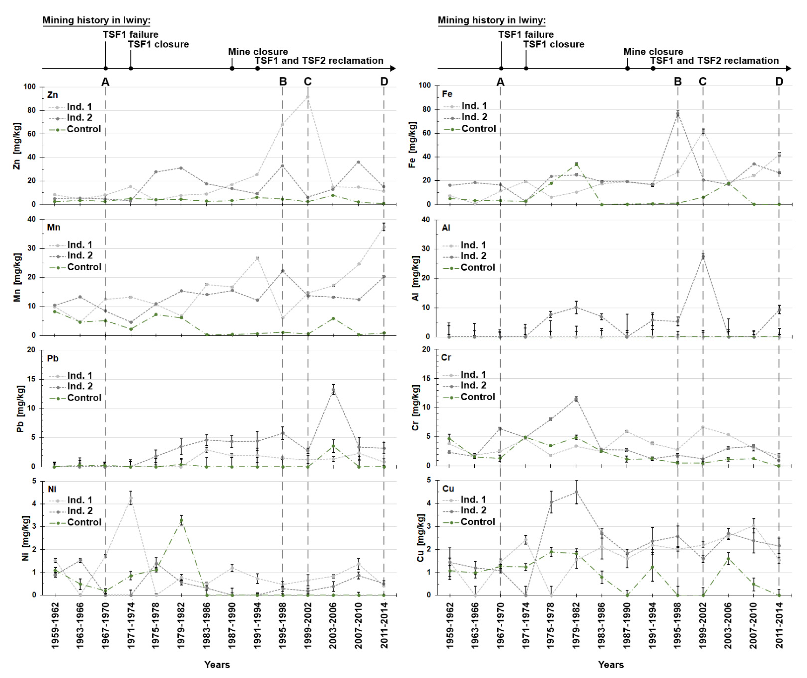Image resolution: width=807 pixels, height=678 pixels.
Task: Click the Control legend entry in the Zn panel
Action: click(83, 129)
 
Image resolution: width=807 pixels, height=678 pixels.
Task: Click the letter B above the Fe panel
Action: click(678, 81)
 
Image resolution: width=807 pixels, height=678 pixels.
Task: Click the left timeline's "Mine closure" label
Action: click(258, 52)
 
